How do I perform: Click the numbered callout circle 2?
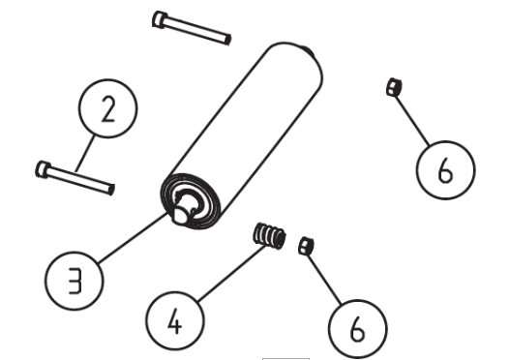(108, 108)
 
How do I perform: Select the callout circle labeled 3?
(75, 281)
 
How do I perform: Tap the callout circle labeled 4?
(175, 320)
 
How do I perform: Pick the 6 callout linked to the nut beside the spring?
(358, 329)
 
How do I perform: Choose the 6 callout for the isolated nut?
(445, 170)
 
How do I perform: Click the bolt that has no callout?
(192, 28)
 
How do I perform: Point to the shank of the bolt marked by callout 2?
(80, 181)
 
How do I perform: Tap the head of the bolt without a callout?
(160, 19)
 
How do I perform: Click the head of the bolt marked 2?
(43, 169)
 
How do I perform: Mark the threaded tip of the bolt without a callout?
(228, 40)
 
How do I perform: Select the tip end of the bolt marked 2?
(111, 190)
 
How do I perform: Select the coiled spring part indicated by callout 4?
(269, 236)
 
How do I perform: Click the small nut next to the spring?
(306, 246)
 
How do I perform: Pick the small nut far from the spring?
(394, 87)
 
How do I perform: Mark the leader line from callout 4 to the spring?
(231, 273)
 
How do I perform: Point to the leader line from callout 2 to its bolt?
(85, 154)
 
